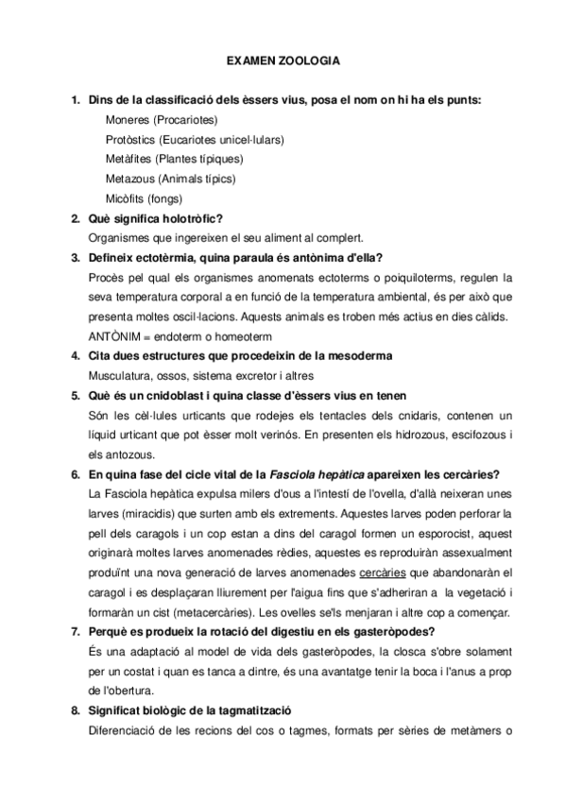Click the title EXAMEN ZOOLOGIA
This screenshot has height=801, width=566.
click(283, 60)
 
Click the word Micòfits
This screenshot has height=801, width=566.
click(127, 198)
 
